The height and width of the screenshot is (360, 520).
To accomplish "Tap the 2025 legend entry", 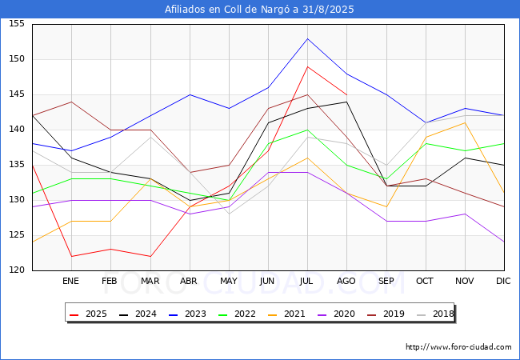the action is click(x=89, y=314).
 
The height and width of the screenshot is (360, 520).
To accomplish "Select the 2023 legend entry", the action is click(x=188, y=314).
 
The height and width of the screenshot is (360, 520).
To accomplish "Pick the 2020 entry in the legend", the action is click(x=337, y=314).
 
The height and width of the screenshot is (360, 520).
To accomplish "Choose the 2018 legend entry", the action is click(x=435, y=314).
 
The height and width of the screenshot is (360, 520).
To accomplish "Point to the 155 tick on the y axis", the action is click(x=17, y=23).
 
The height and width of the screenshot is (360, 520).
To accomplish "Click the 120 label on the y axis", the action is click(x=17, y=270).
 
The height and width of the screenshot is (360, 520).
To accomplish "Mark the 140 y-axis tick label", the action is click(x=17, y=130).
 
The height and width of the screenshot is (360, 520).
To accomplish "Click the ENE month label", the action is click(x=70, y=281).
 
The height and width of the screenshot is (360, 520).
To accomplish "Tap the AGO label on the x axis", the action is click(x=346, y=281).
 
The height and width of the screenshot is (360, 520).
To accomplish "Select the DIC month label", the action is click(x=503, y=281).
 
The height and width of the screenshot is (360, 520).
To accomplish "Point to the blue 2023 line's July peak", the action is click(x=307, y=38).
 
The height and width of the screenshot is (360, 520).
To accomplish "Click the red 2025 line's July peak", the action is click(x=307, y=66).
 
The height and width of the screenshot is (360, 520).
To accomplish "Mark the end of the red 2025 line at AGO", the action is click(x=346, y=95).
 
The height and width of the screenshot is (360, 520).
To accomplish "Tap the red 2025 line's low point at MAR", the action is click(x=150, y=256).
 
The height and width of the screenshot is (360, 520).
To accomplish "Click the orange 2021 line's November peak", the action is click(x=465, y=122).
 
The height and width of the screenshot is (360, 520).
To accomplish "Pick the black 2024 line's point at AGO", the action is click(x=346, y=102).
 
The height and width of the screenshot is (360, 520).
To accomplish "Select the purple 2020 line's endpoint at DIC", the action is click(x=504, y=242).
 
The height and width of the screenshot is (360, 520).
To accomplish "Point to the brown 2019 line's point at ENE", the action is click(x=72, y=102).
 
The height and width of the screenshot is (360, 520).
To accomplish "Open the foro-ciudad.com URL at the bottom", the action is click(x=458, y=347).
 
